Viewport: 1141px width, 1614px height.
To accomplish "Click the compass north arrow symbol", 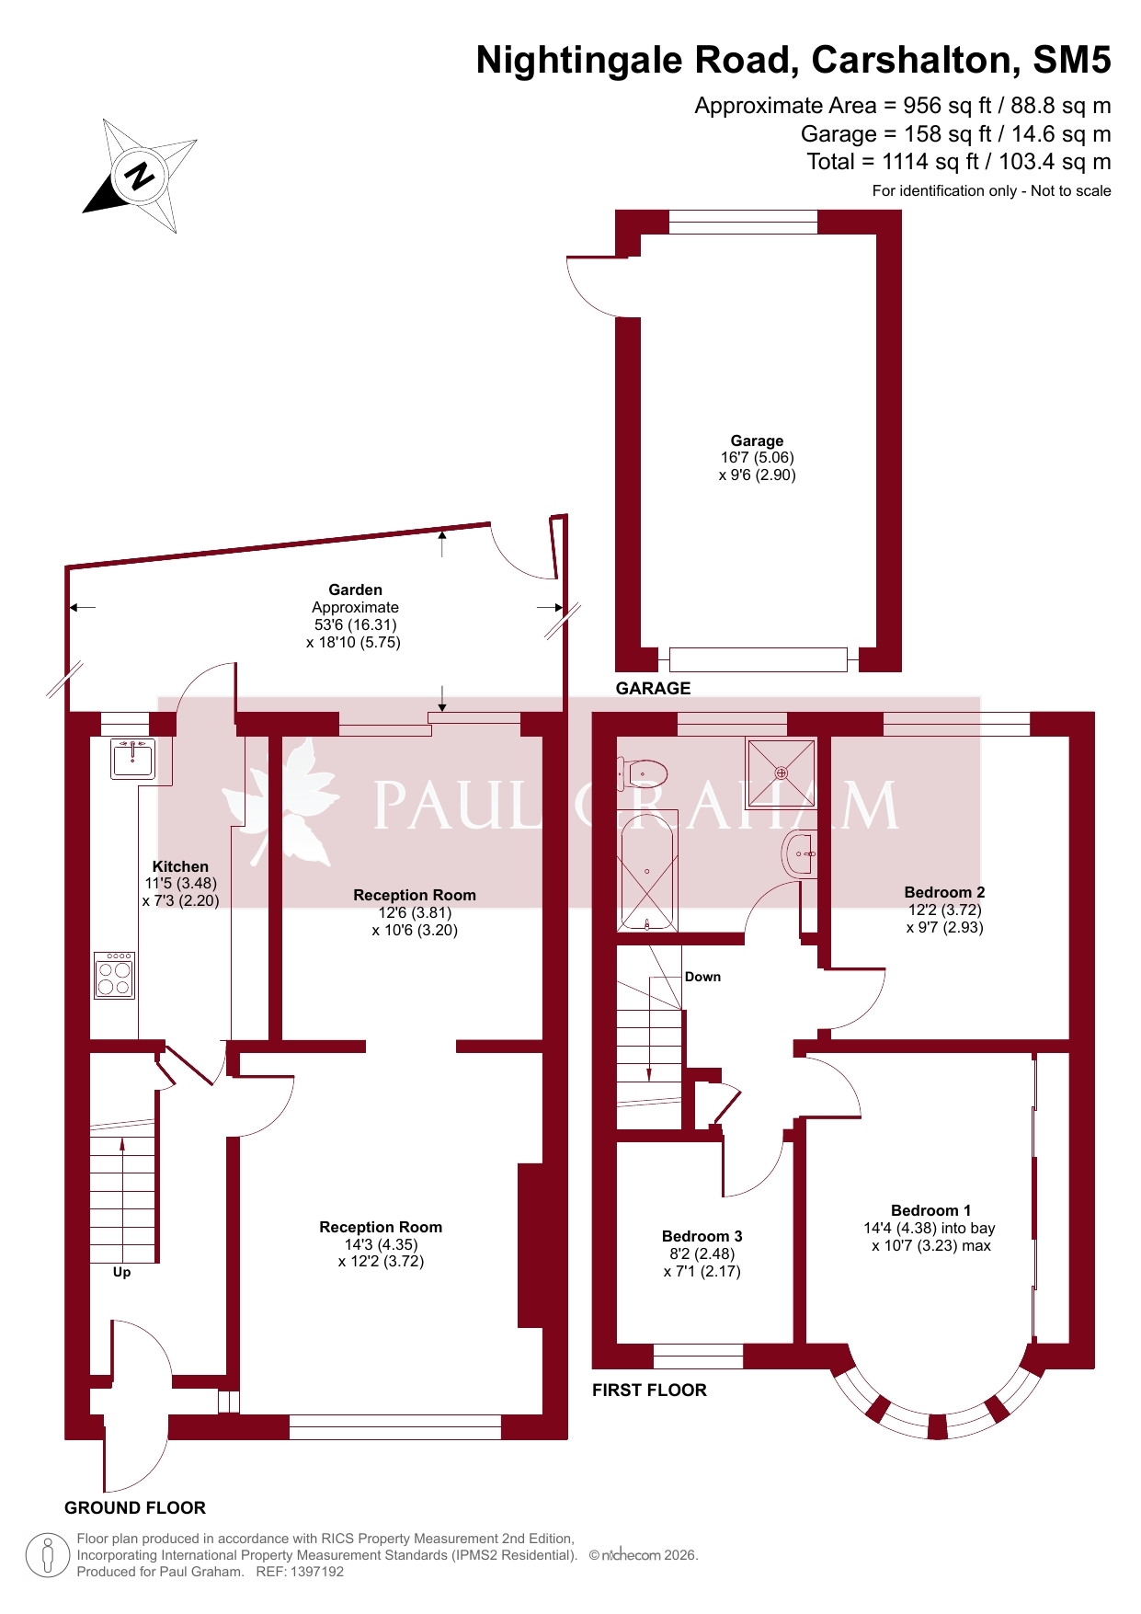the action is tap(141, 175).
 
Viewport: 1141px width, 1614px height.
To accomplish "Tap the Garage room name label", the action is tap(757, 441).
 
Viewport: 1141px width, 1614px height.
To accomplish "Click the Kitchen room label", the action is tap(180, 866).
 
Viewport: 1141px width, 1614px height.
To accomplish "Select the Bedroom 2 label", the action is tap(944, 892).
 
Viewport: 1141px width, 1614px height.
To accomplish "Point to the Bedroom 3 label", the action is tap(702, 1236).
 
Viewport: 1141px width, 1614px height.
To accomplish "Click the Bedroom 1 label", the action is tap(930, 1210).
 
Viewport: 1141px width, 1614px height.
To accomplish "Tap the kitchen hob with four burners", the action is tap(114, 976).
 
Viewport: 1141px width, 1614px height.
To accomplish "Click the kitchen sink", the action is tap(132, 759).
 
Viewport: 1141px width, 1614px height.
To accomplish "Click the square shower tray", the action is tap(782, 773).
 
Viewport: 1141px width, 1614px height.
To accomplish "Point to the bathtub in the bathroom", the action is tap(647, 870).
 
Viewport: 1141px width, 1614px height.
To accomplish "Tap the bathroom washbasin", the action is tap(799, 854).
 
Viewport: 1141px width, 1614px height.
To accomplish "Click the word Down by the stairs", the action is tap(702, 977).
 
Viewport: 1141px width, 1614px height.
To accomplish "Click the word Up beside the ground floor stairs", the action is tap(121, 1272).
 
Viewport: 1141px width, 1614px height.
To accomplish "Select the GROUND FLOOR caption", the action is tap(135, 1507).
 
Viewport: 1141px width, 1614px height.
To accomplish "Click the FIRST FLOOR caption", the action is tap(649, 1390).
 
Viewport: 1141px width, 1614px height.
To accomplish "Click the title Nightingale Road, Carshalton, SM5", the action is tap(793, 60).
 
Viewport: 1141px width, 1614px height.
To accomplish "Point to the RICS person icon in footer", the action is tap(47, 1555).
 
